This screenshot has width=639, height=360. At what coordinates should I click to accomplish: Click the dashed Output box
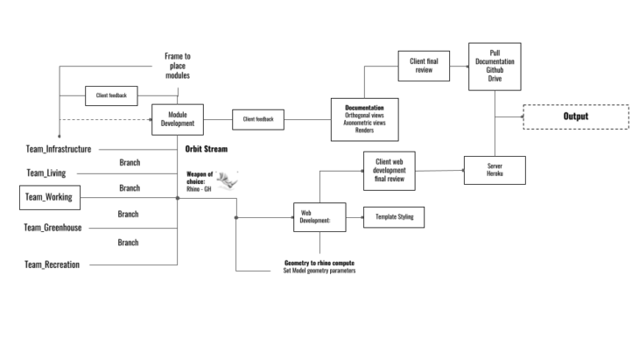point(575,116)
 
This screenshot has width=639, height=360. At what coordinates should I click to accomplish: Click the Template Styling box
point(393,216)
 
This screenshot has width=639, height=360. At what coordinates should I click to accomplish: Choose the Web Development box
point(313,216)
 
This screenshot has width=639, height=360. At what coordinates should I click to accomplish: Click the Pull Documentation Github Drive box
point(495,67)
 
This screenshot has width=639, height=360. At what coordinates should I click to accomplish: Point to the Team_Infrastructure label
point(58,150)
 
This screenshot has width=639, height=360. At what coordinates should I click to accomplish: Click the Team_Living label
point(46,173)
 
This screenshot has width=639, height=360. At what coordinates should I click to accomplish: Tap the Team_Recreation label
point(52,264)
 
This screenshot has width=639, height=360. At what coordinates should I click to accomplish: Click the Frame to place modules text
point(178,66)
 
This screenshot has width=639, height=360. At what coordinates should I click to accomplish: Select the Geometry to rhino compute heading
point(319,262)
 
